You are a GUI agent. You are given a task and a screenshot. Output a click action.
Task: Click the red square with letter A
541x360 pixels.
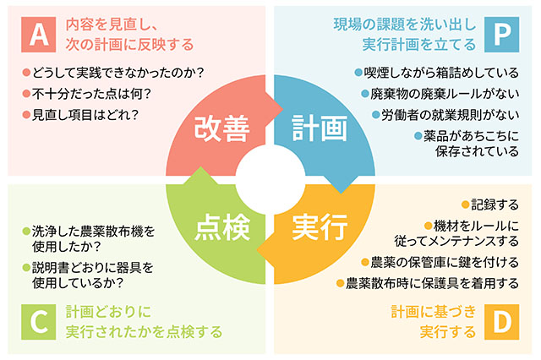click(x=38, y=35)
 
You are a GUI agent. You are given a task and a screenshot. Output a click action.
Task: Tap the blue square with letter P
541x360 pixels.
click(x=501, y=35)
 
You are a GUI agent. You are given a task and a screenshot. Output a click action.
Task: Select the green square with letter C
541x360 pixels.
click(x=38, y=322)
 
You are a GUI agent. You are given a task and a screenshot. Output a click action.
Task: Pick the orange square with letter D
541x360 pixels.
click(x=501, y=322)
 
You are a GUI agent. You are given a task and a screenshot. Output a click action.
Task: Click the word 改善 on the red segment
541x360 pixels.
click(x=221, y=128)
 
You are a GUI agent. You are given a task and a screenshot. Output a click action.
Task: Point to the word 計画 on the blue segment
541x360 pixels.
click(x=320, y=128)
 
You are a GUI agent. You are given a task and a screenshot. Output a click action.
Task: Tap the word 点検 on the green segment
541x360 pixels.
click(x=222, y=227)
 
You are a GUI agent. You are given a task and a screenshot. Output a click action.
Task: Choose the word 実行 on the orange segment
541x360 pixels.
click(x=320, y=226)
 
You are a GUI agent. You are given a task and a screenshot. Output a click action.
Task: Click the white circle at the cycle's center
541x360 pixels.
click(x=270, y=180)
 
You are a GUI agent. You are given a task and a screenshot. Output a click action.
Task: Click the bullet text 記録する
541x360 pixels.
click(x=495, y=205)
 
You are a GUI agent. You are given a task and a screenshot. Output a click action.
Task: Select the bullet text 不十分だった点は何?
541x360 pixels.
click(x=91, y=94)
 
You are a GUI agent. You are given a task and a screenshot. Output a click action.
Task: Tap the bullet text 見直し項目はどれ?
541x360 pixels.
click(x=85, y=115)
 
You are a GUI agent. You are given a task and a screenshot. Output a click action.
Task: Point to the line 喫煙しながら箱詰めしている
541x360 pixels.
click(x=441, y=73)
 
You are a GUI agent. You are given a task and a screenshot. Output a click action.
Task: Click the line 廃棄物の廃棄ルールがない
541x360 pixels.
click(x=445, y=94)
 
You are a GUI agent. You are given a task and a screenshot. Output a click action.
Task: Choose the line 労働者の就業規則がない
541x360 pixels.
click(x=450, y=115)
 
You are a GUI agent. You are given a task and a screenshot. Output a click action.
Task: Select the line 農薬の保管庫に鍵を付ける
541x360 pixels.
click(x=445, y=263)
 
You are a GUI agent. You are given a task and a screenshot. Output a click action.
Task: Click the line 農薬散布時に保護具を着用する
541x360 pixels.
click(x=432, y=283)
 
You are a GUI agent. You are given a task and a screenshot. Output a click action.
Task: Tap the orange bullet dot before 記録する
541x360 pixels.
click(x=466, y=205)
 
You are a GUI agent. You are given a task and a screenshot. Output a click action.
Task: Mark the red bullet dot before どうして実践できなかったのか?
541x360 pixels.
click(x=26, y=73)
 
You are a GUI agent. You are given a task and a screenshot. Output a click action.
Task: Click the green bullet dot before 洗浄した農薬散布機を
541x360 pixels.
click(x=26, y=231)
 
